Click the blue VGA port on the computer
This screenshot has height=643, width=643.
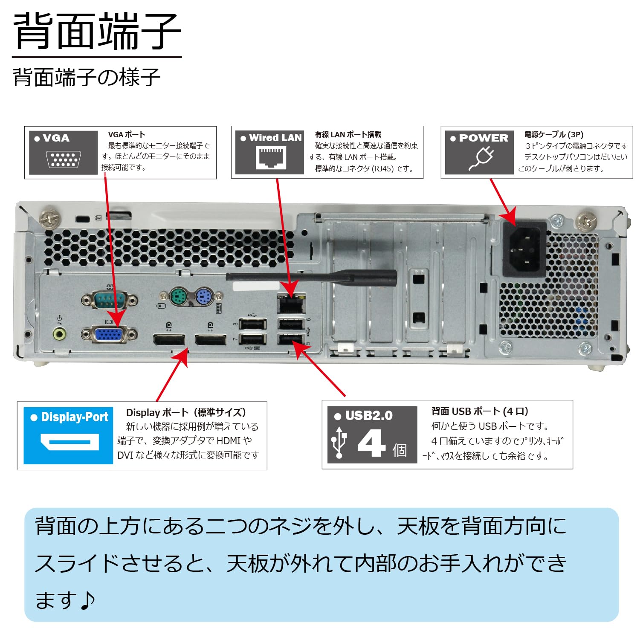tap(109, 334)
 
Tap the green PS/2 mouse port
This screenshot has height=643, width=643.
tap(179, 296)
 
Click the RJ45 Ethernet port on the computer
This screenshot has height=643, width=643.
tap(291, 304)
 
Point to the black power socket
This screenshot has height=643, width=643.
tap(525, 249)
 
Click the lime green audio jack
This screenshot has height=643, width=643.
tap(60, 334)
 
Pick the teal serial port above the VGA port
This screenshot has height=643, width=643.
tap(109, 299)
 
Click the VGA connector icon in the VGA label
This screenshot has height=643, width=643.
tap(63, 159)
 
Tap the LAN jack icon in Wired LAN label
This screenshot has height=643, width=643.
tap(271, 157)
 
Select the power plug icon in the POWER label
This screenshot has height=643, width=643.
tap(481, 159)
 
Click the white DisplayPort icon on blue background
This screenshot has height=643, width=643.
tap(70, 442)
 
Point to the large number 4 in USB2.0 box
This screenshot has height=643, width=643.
tap(371, 443)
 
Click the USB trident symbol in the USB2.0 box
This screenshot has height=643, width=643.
tap(339, 442)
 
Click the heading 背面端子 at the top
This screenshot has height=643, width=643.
tap(97, 32)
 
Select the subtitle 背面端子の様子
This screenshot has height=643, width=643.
tap(87, 77)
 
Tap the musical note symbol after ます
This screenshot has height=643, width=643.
tap(87, 600)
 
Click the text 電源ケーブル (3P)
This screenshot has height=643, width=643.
tap(553, 134)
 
